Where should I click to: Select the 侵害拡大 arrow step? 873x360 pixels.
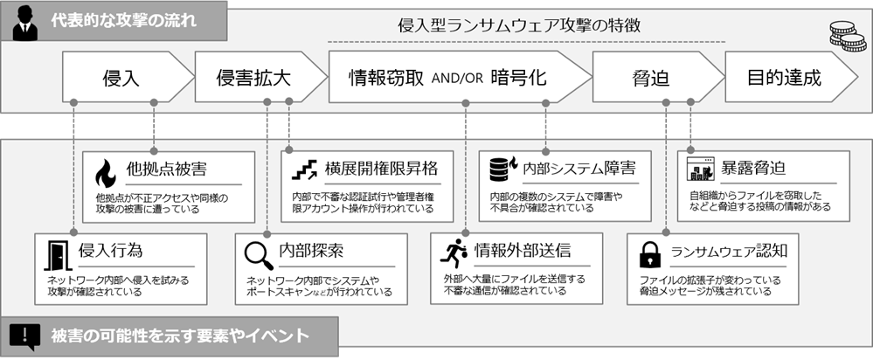pyautogui.click(x=253, y=77)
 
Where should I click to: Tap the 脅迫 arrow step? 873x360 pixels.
pyautogui.click(x=650, y=77)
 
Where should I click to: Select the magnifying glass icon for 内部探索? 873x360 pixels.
pyautogui.click(x=258, y=253)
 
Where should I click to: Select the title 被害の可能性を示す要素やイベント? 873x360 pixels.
pyautogui.click(x=179, y=335)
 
